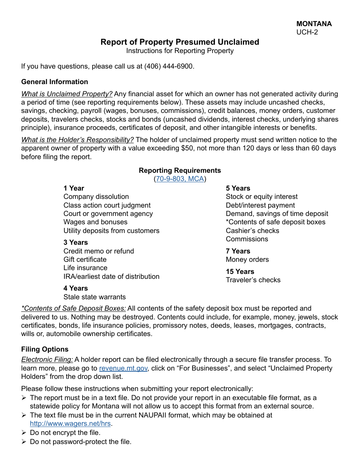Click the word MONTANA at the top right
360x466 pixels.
314,23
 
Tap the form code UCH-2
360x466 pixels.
307,32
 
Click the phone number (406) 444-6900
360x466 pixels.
169,66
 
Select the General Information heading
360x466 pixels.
55,82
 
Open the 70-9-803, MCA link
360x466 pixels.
180,179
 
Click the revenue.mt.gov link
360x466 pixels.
123,368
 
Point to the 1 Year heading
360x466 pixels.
74,188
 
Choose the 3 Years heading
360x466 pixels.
76,242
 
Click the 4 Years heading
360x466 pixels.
76,288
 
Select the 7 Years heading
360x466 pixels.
238,251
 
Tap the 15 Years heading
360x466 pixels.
240,272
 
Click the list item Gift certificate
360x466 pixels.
85,260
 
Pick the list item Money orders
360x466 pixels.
247,260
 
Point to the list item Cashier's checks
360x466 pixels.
252,231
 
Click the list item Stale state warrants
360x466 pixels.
94,297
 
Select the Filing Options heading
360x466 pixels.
45,349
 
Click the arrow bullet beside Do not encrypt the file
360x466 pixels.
24,433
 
